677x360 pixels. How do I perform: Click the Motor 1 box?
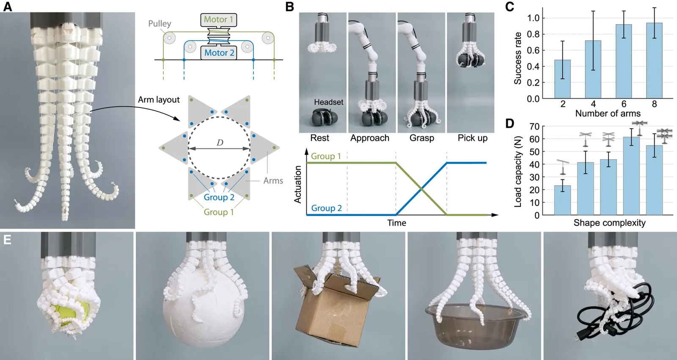pyautogui.click(x=218, y=19)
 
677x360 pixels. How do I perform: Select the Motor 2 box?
pyautogui.click(x=219, y=53)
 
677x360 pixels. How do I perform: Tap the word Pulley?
pyautogui.click(x=160, y=24)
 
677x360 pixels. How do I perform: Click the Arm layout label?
pyautogui.click(x=159, y=100)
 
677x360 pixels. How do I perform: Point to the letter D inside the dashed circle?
pyautogui.click(x=220, y=143)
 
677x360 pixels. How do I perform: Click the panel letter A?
pyautogui.click(x=8, y=7)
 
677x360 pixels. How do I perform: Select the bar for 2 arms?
pyautogui.click(x=562, y=79)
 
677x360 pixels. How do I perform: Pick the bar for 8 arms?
pyautogui.click(x=654, y=60)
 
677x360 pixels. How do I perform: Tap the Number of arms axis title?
pyautogui.click(x=608, y=113)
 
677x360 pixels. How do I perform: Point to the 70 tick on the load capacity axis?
pyautogui.click(x=534, y=126)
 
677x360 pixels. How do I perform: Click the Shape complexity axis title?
pyautogui.click(x=609, y=223)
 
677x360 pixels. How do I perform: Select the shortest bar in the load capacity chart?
pyautogui.click(x=562, y=200)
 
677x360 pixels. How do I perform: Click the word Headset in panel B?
pyautogui.click(x=328, y=102)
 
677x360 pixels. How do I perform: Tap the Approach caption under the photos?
pyautogui.click(x=370, y=138)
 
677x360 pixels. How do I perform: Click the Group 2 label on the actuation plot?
pyautogui.click(x=326, y=208)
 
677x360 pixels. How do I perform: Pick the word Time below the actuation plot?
pyautogui.click(x=396, y=223)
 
